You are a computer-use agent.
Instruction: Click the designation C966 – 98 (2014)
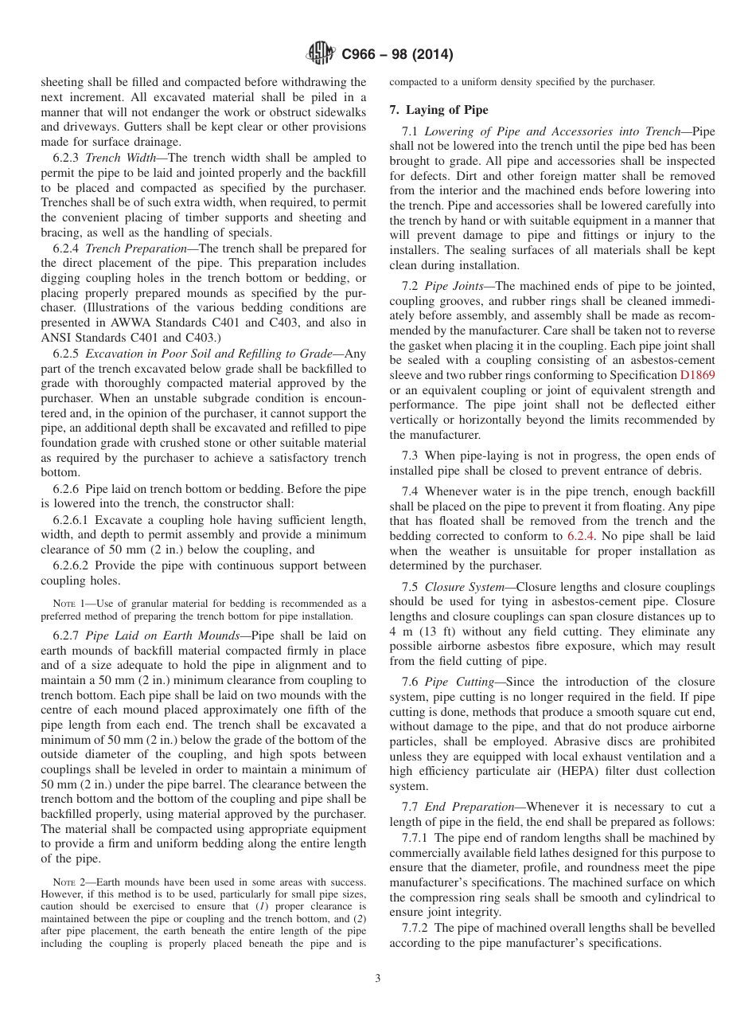[x=397, y=55]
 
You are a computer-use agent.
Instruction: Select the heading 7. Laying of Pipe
[x=438, y=110]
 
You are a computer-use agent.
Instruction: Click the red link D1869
[x=697, y=375]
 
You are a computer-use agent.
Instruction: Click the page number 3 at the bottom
[x=378, y=979]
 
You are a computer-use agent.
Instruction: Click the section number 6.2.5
[x=66, y=353]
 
